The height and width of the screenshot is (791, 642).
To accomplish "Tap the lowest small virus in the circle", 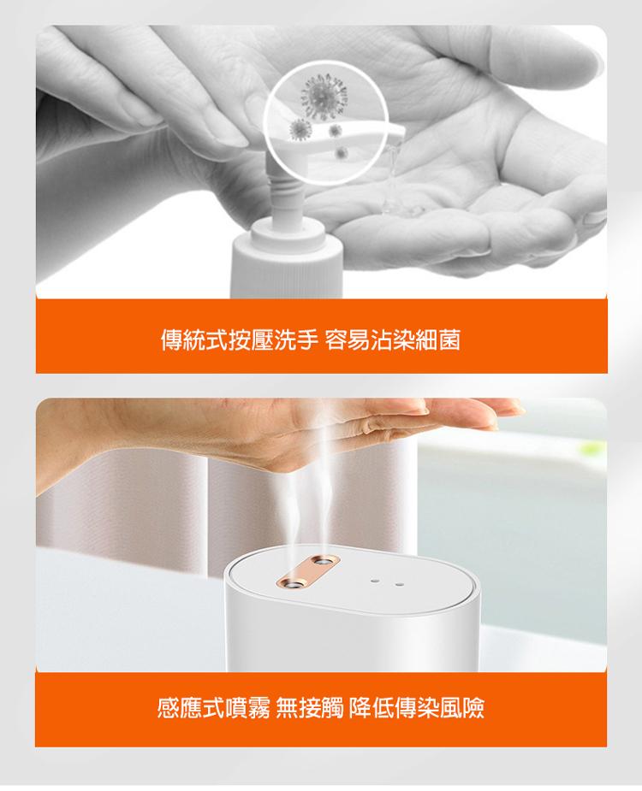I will pyautogui.click(x=342, y=152).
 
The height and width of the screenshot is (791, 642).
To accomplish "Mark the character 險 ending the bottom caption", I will pyautogui.click(x=473, y=709).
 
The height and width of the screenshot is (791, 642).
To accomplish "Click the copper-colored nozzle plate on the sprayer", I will pyautogui.click(x=309, y=571).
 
